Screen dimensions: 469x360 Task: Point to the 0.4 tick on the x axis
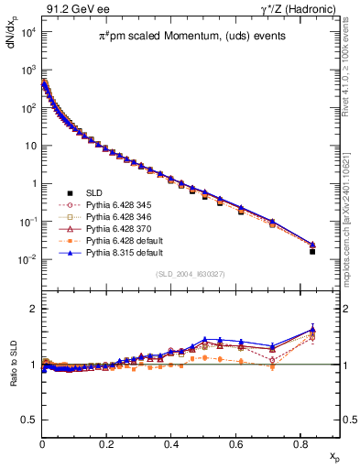coord(171,445)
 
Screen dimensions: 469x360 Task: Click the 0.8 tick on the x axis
coord(300,445)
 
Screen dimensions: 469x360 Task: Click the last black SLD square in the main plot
coord(312,251)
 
